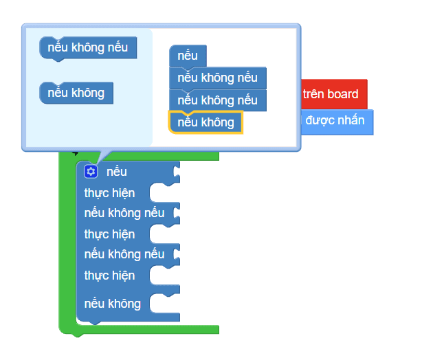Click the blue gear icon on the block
(x=91, y=172)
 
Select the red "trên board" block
(x=334, y=94)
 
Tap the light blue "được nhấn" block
(x=337, y=120)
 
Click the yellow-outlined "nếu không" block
(x=206, y=122)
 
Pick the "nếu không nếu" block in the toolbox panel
(x=88, y=48)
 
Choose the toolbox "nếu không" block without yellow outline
(x=76, y=92)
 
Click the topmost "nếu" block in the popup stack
(x=187, y=56)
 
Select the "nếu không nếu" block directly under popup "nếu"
(x=217, y=78)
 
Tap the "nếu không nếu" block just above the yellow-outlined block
(x=217, y=100)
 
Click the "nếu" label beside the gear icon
(x=117, y=172)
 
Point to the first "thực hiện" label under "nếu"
(x=109, y=193)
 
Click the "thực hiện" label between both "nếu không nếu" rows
(x=109, y=234)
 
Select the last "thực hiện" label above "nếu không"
(x=109, y=275)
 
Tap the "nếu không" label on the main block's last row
(x=113, y=304)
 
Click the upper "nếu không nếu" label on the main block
(x=124, y=213)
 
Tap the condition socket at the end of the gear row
(x=177, y=172)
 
